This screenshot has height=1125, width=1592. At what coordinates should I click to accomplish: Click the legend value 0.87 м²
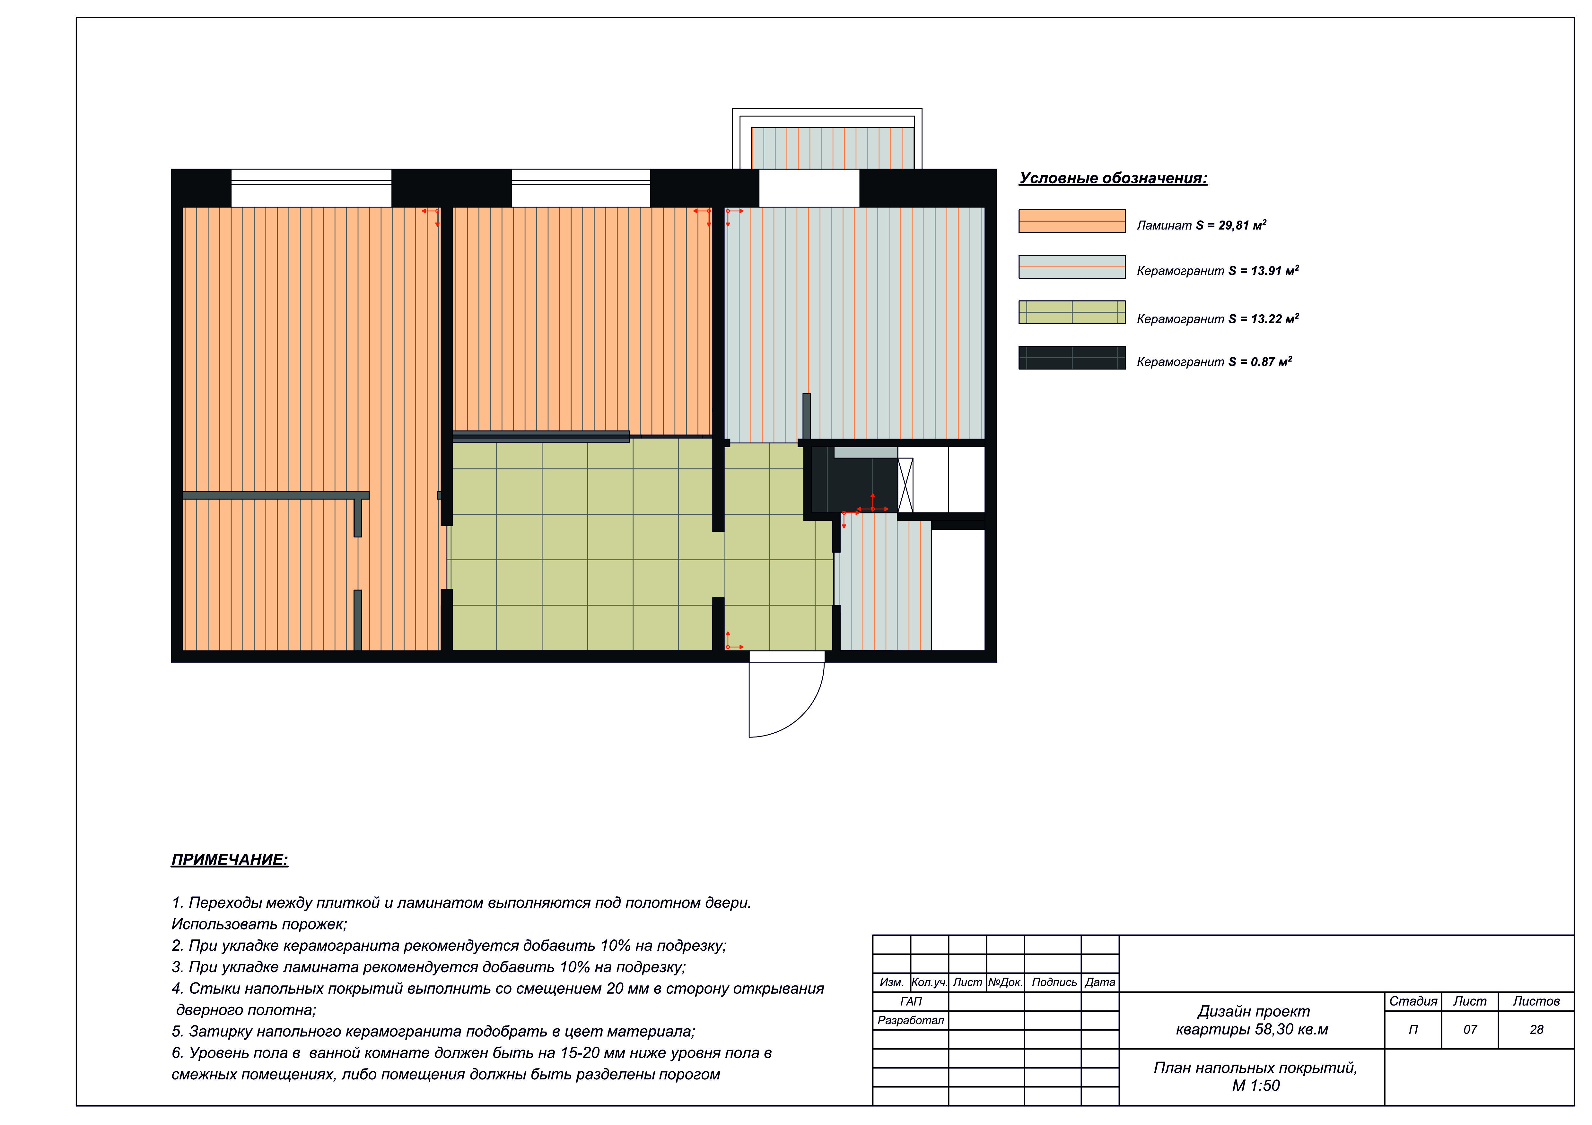(1271, 361)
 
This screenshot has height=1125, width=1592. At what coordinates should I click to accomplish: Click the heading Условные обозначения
(1113, 178)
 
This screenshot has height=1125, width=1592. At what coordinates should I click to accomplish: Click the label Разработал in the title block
(910, 1020)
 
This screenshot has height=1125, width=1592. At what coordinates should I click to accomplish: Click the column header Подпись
(1054, 982)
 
